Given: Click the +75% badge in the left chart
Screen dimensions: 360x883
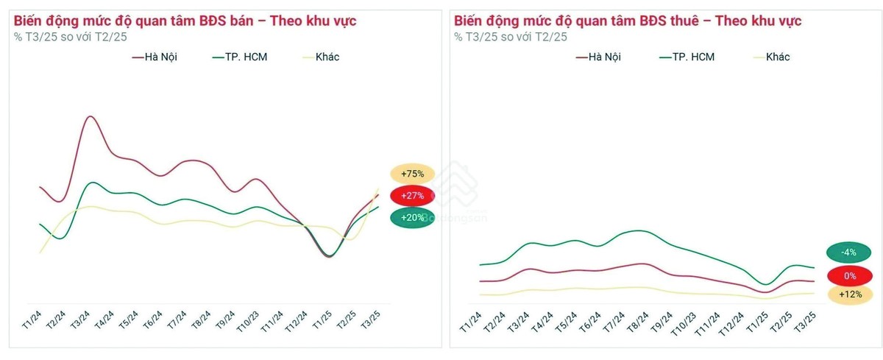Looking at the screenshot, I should pyautogui.click(x=413, y=174).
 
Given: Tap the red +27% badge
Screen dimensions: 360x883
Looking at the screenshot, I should pyautogui.click(x=413, y=196).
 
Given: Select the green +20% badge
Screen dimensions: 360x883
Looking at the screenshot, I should pyautogui.click(x=413, y=218).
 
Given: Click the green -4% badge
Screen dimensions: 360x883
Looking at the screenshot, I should pyautogui.click(x=850, y=253).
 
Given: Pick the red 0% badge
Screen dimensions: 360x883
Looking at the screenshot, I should pyautogui.click(x=850, y=276).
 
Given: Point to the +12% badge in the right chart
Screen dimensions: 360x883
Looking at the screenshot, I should pyautogui.click(x=850, y=295).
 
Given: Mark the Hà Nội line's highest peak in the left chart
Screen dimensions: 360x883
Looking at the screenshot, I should pyautogui.click(x=90, y=116).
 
